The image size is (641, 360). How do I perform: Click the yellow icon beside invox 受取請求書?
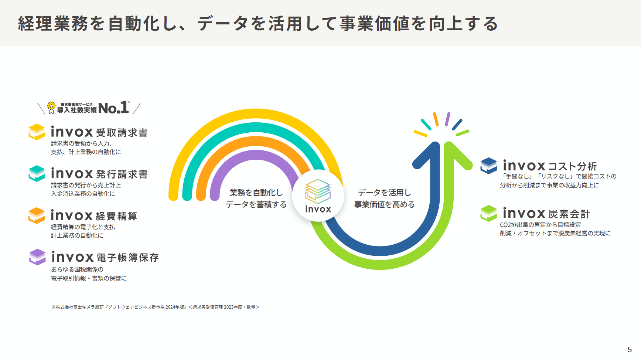click(x=37, y=132)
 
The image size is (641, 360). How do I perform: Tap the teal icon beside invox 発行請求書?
click(x=37, y=173)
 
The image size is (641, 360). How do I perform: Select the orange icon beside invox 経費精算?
click(x=37, y=215)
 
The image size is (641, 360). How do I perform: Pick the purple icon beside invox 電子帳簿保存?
click(x=37, y=257)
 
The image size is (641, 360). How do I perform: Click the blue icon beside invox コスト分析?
click(x=489, y=166)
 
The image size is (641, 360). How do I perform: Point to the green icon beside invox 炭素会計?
click(x=489, y=213)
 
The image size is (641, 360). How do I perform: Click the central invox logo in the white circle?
click(x=318, y=196)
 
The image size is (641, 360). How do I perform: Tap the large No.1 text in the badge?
click(x=113, y=108)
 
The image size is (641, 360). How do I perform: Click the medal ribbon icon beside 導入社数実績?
click(x=51, y=108)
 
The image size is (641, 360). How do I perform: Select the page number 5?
click(x=630, y=350)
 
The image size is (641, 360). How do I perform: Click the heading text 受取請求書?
click(x=122, y=133)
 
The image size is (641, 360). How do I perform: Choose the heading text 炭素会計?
click(x=569, y=214)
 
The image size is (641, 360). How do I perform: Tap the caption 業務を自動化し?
click(x=256, y=193)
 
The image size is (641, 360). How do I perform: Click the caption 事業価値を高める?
click(x=385, y=204)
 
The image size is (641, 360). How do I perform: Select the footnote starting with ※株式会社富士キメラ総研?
click(x=156, y=307)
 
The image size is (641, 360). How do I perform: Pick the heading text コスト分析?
click(x=572, y=166)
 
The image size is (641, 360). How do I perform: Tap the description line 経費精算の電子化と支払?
click(x=83, y=227)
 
